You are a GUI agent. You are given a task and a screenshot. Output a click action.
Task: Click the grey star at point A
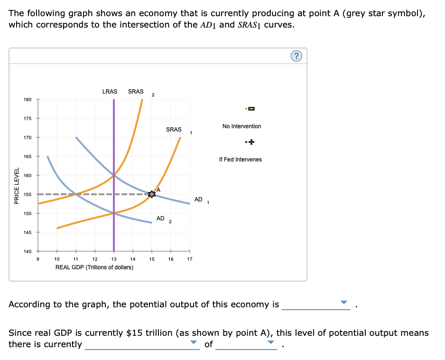152,194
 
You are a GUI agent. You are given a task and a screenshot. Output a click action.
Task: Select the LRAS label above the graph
110,91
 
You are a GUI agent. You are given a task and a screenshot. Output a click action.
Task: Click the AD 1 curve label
200,199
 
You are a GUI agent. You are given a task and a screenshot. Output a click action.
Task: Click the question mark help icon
297,57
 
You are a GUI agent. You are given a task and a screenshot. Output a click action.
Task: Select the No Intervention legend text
241,126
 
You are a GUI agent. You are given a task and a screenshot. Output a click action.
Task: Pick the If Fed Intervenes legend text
241,160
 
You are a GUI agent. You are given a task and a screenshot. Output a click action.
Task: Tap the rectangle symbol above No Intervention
251,109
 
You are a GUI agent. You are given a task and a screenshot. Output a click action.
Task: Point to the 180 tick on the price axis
28,99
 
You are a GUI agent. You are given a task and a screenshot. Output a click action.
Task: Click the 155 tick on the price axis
28,194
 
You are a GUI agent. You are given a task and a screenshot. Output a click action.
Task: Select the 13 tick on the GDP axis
114,259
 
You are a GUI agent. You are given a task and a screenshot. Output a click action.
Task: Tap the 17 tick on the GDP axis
190,259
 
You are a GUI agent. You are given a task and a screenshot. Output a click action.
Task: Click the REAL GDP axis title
94,267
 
